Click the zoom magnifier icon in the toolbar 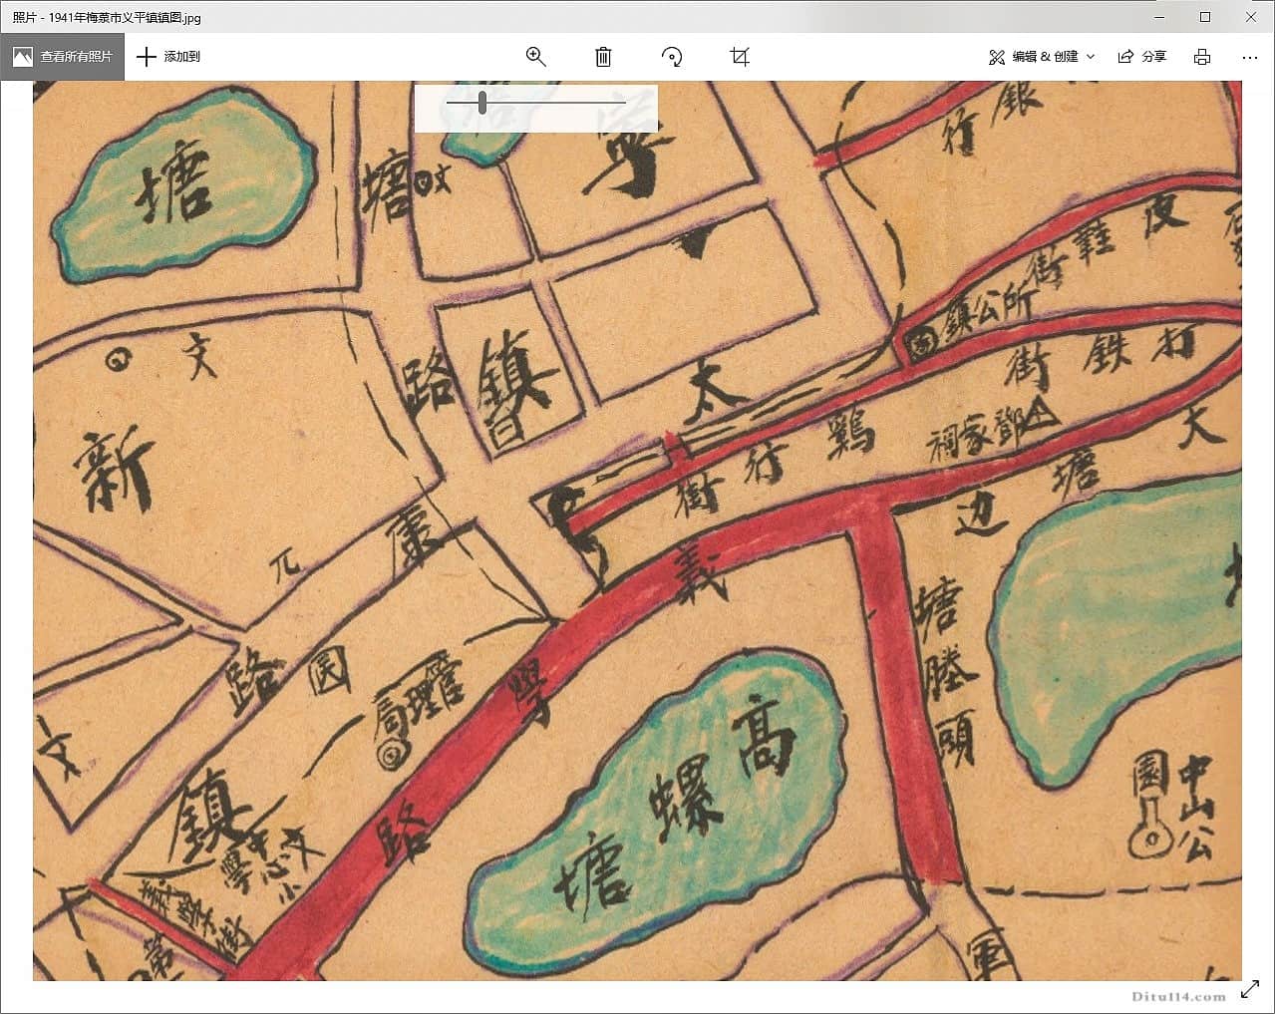[x=535, y=57]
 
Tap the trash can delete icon [x=603, y=57]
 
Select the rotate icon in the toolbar [x=672, y=57]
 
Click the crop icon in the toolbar [x=740, y=57]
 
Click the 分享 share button [x=1141, y=57]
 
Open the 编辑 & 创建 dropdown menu [x=1042, y=57]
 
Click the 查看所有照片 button [x=63, y=57]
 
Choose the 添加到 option [x=168, y=57]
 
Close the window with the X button [x=1251, y=17]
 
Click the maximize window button [x=1205, y=17]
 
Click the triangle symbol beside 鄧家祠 [x=1042, y=414]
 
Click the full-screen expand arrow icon [x=1250, y=990]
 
